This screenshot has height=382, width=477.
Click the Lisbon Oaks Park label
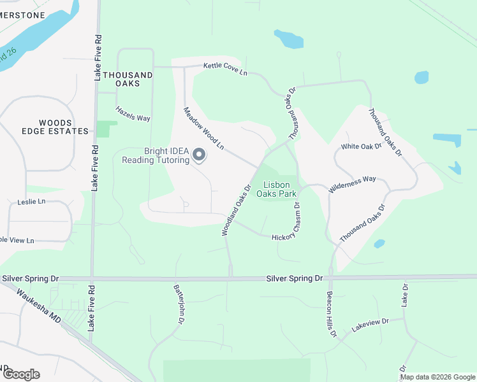tap(277, 188)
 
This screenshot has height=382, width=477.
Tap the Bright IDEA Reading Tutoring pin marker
tap(199, 155)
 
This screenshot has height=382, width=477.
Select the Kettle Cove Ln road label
tap(225, 68)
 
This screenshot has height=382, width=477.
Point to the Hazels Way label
tap(133, 114)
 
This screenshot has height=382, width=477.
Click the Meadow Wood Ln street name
tap(204, 128)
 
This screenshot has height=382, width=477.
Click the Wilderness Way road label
tap(352, 185)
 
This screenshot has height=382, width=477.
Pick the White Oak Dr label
tap(361, 146)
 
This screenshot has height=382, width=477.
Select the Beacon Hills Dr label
tap(330, 314)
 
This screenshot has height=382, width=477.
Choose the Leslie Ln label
tap(32, 202)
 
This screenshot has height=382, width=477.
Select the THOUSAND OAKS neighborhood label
tap(128, 79)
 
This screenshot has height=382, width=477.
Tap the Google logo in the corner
tap(20, 374)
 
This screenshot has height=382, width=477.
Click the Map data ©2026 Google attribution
tap(437, 377)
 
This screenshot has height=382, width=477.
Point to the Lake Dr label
tap(404, 293)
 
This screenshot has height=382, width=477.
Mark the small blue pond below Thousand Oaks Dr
tap(379, 244)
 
